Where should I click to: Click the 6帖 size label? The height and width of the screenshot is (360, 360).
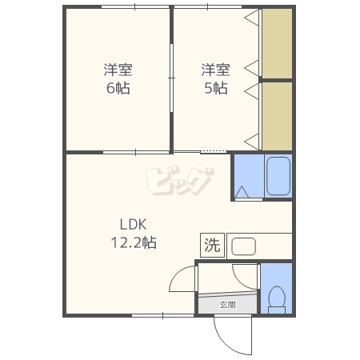click(x=118, y=88)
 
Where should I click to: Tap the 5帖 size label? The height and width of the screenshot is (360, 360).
click(x=216, y=88)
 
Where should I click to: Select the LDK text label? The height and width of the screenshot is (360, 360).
click(x=133, y=225)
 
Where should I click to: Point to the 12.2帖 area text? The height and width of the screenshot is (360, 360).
click(x=134, y=242)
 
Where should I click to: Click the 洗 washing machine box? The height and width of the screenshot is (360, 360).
click(x=212, y=245)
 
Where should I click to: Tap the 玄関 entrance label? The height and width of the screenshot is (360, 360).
click(x=227, y=305)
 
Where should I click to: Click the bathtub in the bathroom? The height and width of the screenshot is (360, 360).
click(x=278, y=176)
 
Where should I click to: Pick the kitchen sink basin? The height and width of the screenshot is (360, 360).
click(x=243, y=246)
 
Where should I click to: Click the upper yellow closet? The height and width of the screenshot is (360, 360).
click(x=277, y=43)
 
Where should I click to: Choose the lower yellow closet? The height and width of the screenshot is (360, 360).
click(x=277, y=116)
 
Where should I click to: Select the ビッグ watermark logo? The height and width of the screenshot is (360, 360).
click(x=179, y=181)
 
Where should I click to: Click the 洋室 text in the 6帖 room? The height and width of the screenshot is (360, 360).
click(x=118, y=70)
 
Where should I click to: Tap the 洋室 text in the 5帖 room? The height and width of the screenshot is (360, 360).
click(x=216, y=70)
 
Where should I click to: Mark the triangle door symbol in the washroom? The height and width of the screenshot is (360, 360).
click(x=242, y=192)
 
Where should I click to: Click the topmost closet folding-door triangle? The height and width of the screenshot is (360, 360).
click(x=252, y=18)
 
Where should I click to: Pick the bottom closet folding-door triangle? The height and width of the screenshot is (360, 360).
click(x=252, y=142)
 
